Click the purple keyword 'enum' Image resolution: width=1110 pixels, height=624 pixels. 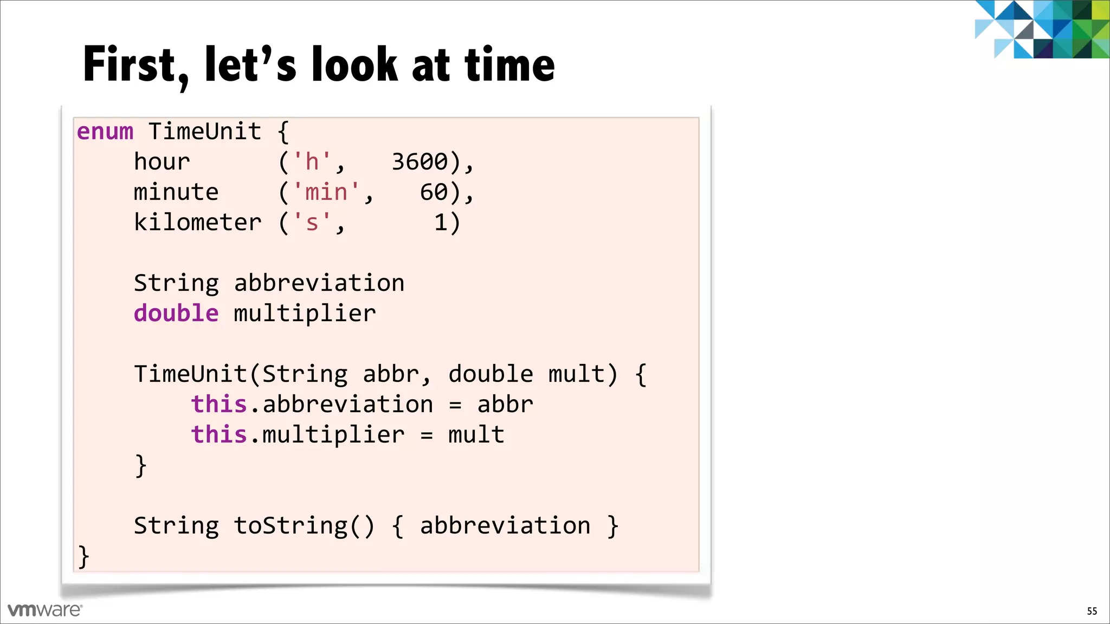pos(105,132)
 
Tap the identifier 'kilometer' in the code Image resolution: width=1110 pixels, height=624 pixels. pos(198,223)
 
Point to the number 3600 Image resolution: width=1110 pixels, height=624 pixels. pos(420,162)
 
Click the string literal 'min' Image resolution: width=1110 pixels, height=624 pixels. pos(326,192)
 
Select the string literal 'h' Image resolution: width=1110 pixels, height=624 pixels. pos(312,162)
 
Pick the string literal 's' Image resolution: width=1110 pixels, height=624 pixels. pos(312,223)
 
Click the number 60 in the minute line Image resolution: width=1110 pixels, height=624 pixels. pos(434,192)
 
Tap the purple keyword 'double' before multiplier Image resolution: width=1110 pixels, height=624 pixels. pos(176,314)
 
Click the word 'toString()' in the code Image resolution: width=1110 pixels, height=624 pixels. pos(304,526)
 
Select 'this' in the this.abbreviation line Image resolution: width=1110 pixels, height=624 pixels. pos(219,405)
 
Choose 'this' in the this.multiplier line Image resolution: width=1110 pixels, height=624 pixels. pos(219,435)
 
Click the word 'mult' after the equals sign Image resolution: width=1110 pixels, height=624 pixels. pos(476,435)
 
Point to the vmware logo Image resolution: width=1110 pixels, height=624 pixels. pos(45,610)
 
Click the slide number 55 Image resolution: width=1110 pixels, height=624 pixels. pos(1092,612)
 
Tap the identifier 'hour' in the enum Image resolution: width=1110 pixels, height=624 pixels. pos(162,162)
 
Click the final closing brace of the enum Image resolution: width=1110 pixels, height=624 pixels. pos(83,556)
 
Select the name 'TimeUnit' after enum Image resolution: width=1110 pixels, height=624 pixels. pos(205,132)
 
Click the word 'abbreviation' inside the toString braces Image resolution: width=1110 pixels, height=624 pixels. pos(505,526)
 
